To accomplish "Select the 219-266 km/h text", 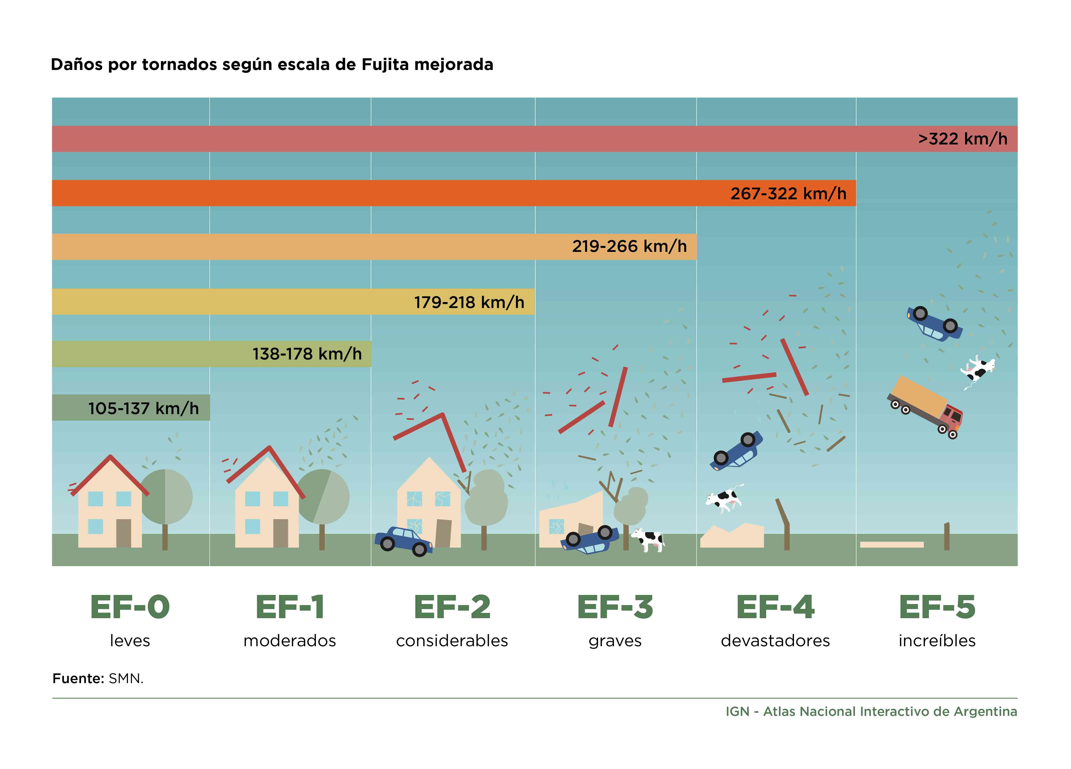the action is tap(629, 246).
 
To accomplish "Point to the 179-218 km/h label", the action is tap(470, 302).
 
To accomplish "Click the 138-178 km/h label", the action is tap(307, 354).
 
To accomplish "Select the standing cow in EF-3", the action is tap(648, 539).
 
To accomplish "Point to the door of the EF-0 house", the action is tap(124, 533).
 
